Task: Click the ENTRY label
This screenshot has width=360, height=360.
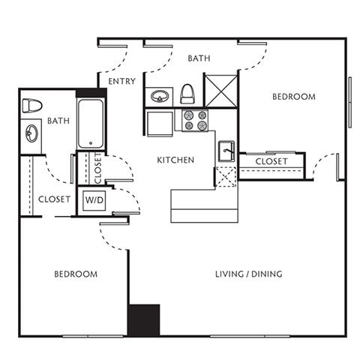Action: click(121, 81)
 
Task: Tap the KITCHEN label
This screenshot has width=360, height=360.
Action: click(175, 160)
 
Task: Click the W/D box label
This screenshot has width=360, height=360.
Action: click(94, 200)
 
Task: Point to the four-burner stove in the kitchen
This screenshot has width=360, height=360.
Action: click(196, 121)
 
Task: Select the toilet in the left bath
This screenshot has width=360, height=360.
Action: click(32, 105)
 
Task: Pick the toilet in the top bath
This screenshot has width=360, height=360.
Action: click(187, 94)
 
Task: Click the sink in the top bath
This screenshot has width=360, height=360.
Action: click(160, 97)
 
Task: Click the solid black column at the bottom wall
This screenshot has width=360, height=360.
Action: click(143, 319)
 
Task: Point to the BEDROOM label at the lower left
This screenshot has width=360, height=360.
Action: click(75, 274)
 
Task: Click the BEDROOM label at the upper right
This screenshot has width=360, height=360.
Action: click(293, 97)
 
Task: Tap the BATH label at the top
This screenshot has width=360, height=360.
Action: click(198, 58)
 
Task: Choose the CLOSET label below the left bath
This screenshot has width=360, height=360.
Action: click(54, 199)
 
